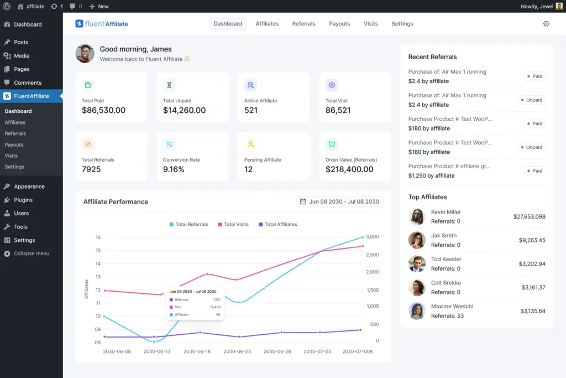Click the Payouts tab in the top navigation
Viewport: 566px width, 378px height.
(339, 24)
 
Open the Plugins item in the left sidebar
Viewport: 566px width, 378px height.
(23, 200)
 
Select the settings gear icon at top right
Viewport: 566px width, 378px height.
(546, 24)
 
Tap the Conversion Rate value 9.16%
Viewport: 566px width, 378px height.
(174, 169)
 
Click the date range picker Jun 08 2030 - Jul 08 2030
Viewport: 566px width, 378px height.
(339, 201)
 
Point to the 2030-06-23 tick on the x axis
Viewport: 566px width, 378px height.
(237, 351)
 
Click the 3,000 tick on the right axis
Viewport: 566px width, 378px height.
(372, 236)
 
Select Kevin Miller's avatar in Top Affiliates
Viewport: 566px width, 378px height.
(416, 216)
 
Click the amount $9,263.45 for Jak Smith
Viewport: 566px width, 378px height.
(532, 240)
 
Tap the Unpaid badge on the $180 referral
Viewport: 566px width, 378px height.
(531, 147)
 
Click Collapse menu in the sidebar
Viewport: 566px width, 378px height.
(31, 253)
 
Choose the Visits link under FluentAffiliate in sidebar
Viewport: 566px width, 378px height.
(11, 156)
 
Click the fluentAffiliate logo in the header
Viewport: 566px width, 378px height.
(102, 24)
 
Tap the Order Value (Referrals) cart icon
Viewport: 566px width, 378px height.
(332, 144)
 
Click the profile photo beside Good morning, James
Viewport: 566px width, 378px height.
(85, 54)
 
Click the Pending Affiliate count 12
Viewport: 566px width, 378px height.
(249, 169)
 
